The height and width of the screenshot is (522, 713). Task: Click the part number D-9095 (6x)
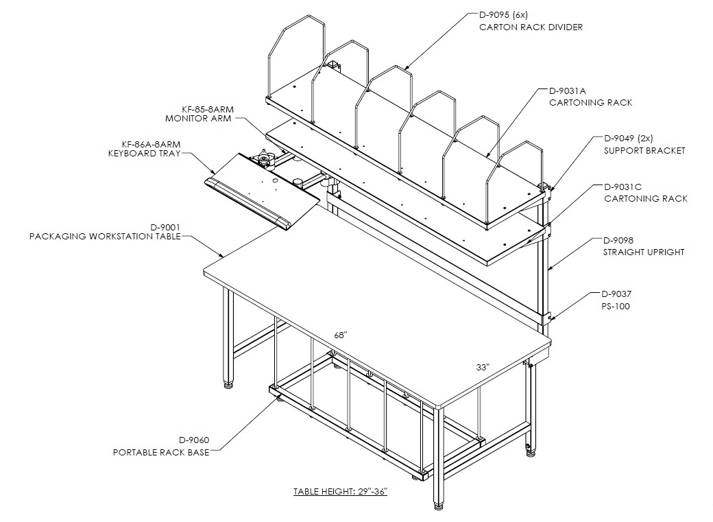click(503, 15)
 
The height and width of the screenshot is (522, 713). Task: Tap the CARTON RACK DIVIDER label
click(531, 27)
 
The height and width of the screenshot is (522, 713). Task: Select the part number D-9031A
click(568, 91)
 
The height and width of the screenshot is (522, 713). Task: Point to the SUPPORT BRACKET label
click(644, 151)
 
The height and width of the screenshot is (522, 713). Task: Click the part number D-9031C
click(623, 187)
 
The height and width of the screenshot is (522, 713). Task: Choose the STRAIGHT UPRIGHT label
click(644, 252)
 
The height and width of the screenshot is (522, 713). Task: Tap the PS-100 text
click(616, 307)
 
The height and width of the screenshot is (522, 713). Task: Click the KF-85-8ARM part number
click(208, 110)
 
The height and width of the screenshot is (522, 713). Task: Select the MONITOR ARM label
click(198, 119)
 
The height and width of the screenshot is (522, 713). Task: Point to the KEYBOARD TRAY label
click(144, 154)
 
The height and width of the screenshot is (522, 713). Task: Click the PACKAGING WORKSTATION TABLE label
click(105, 236)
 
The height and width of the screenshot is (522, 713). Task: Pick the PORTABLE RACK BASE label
click(161, 452)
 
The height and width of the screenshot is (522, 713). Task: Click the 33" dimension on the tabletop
click(483, 367)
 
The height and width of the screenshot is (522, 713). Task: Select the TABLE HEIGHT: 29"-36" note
click(340, 492)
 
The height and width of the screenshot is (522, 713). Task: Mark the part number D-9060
click(194, 440)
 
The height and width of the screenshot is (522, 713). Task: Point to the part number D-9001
click(165, 227)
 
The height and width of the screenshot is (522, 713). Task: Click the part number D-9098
click(618, 240)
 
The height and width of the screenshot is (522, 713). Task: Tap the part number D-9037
click(616, 294)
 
